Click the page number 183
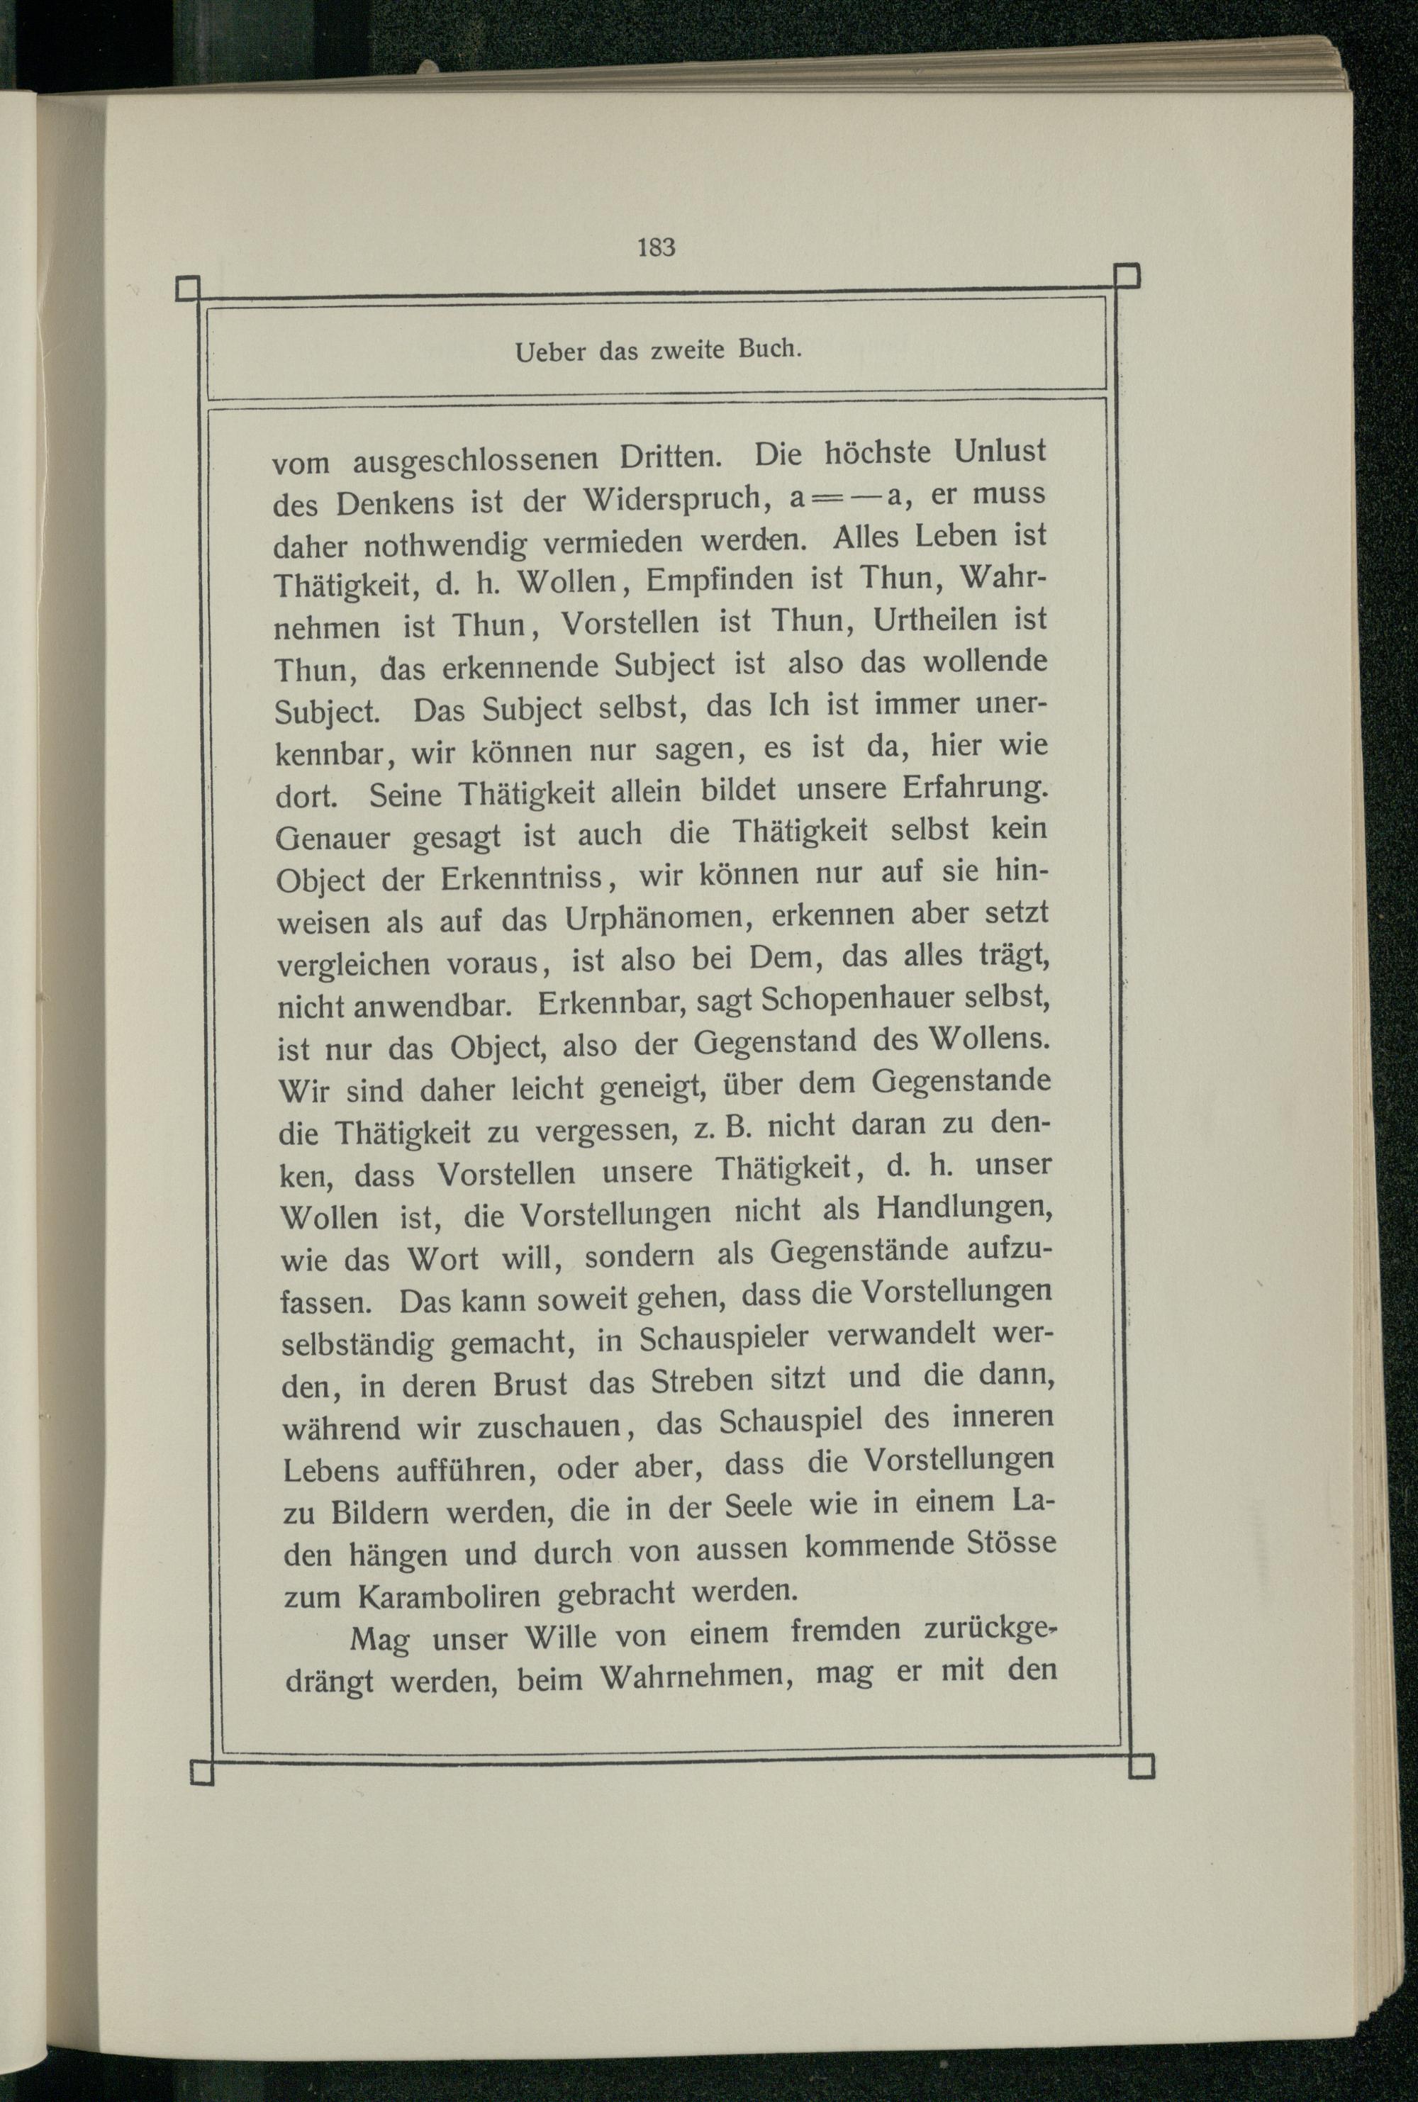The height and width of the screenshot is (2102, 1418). (657, 247)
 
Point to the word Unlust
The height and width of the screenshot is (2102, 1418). (1000, 449)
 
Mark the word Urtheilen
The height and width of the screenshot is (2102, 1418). (925, 621)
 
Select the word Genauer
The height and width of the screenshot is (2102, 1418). (333, 838)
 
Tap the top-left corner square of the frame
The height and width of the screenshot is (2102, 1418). (187, 289)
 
